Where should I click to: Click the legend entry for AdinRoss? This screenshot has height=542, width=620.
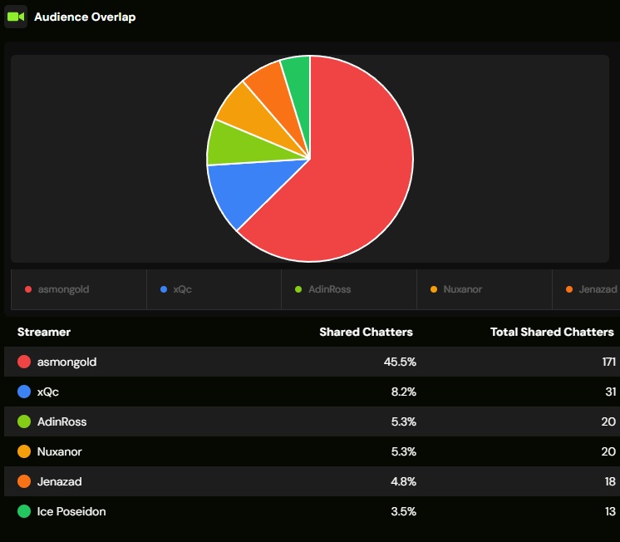(x=323, y=289)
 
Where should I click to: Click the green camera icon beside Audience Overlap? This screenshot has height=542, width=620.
(x=16, y=17)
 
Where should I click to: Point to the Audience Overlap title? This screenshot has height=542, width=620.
(x=85, y=17)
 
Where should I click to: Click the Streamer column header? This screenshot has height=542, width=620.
(x=44, y=332)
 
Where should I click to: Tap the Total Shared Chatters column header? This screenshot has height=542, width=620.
(x=552, y=332)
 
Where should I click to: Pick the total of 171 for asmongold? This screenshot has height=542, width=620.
(x=608, y=362)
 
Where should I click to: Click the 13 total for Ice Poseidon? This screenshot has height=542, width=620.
(x=609, y=511)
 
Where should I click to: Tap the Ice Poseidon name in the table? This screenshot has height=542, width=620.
(x=71, y=511)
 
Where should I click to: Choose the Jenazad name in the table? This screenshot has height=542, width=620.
(x=60, y=481)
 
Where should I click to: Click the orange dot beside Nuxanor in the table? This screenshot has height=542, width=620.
(x=24, y=451)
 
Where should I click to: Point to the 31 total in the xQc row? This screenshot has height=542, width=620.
(x=609, y=392)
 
